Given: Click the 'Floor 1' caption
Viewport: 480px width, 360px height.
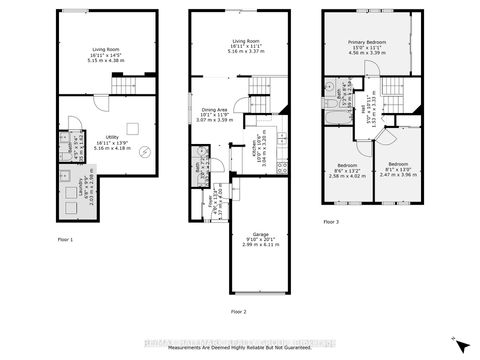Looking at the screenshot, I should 65,241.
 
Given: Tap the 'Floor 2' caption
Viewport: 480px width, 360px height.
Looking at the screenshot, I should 237,312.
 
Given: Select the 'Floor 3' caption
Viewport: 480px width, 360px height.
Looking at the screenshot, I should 330,222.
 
